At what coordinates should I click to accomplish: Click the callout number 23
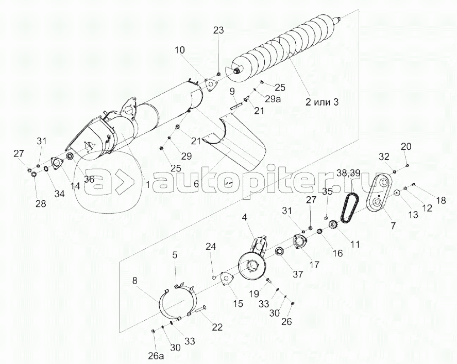click(218, 30)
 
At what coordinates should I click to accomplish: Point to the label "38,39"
click(348, 173)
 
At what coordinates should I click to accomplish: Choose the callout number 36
click(90, 180)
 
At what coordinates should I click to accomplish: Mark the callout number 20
click(407, 147)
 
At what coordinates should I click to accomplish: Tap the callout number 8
click(135, 281)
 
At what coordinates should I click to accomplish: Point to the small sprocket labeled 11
click(332, 225)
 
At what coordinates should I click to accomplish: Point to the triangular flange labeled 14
click(56, 164)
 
